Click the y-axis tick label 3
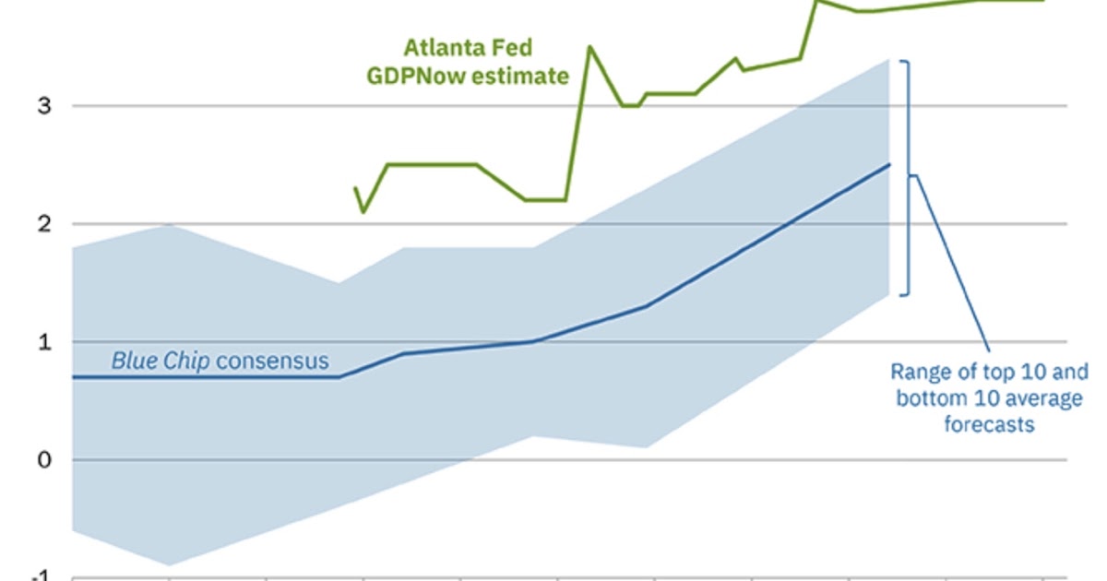(x=44, y=105)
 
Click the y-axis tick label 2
(x=44, y=223)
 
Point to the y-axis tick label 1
(x=44, y=341)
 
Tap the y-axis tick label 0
(x=44, y=459)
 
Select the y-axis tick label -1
(x=42, y=575)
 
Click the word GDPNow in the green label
(x=412, y=76)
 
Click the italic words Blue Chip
(x=161, y=361)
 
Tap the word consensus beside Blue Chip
(x=272, y=361)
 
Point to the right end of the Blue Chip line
(x=889, y=165)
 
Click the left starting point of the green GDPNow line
(x=355, y=188)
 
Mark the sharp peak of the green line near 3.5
(x=590, y=47)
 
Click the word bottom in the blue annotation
(x=924, y=398)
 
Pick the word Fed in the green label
(x=512, y=47)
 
